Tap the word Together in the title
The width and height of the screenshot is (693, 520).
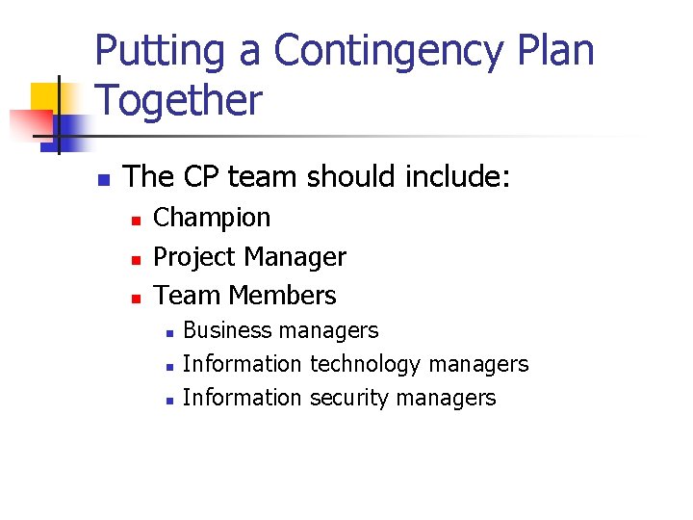point(178,100)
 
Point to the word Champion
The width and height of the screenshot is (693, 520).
point(212,218)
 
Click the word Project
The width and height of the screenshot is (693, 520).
point(195,257)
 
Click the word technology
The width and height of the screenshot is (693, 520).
point(366,364)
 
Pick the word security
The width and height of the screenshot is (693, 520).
point(349,398)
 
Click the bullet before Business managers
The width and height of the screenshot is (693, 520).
point(167,333)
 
